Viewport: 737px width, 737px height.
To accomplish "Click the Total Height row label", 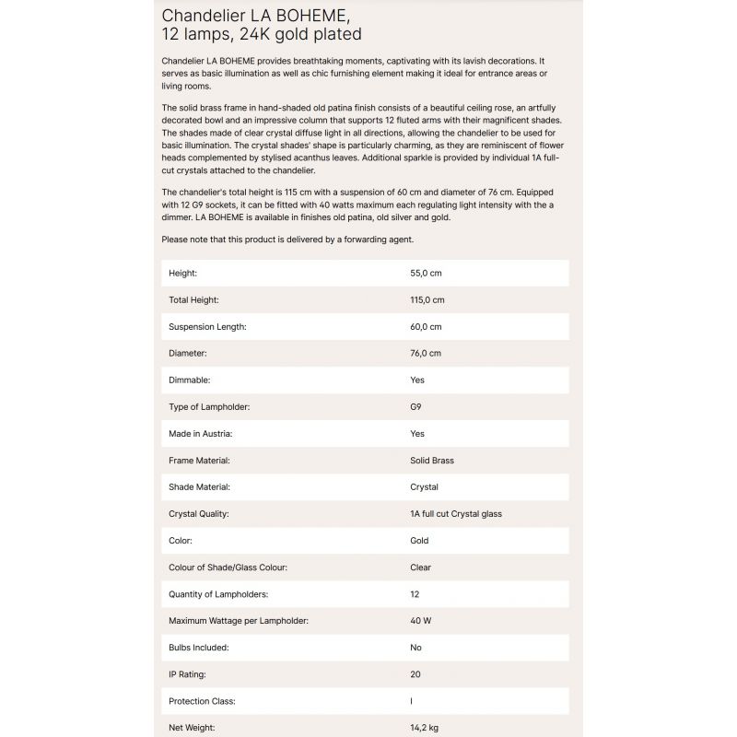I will pyautogui.click(x=193, y=300).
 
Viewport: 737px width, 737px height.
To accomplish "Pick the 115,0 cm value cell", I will pyautogui.click(x=427, y=300).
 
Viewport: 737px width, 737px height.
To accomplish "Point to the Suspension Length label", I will pyautogui.click(x=207, y=327).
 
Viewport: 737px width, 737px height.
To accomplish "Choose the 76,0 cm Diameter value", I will pyautogui.click(x=426, y=354).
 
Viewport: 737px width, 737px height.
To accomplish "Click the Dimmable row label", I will pyautogui.click(x=190, y=380).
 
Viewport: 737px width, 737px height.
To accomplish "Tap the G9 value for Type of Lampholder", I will pyautogui.click(x=416, y=407).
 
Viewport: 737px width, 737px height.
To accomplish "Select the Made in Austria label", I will pyautogui.click(x=200, y=434).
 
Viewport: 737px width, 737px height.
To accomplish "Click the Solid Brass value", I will pyautogui.click(x=432, y=461).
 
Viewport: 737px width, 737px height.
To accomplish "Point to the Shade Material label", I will pyautogui.click(x=199, y=487).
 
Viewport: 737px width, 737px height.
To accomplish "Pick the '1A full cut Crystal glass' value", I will pyautogui.click(x=456, y=514).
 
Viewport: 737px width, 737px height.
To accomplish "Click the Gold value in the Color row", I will pyautogui.click(x=419, y=541).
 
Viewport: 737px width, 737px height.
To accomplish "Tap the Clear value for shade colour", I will pyautogui.click(x=420, y=567).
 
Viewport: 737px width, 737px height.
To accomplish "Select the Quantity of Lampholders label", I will pyautogui.click(x=218, y=594).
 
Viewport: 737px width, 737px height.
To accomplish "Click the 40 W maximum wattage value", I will pyautogui.click(x=420, y=621).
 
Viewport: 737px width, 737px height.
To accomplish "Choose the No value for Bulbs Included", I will pyautogui.click(x=415, y=648).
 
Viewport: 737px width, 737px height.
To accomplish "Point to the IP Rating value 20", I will pyautogui.click(x=415, y=674).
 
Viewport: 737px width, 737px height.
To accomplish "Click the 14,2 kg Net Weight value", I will pyautogui.click(x=425, y=728).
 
